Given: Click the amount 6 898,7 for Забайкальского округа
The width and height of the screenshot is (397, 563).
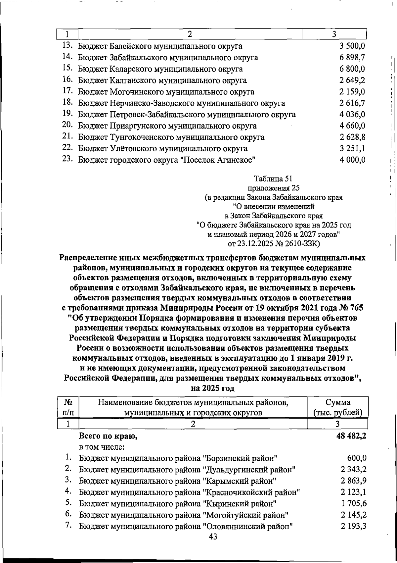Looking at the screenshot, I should (x=352, y=58).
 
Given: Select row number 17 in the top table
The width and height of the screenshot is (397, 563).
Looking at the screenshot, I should (x=67, y=91).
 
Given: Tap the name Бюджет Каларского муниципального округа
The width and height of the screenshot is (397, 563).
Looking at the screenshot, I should (x=160, y=69).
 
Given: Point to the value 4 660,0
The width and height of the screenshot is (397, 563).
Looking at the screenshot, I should (x=352, y=126).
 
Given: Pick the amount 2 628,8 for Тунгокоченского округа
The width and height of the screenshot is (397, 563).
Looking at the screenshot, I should (x=352, y=137).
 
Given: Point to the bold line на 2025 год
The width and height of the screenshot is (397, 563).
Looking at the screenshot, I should (x=213, y=388).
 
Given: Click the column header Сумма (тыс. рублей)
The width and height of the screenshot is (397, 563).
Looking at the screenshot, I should (x=338, y=407).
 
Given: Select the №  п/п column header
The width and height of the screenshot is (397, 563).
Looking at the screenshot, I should (x=68, y=407).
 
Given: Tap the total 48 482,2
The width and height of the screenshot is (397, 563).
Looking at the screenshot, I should (x=351, y=436).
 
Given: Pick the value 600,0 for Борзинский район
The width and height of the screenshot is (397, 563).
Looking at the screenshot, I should (x=357, y=459).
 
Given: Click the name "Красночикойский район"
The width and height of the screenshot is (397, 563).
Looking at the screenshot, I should (x=251, y=492).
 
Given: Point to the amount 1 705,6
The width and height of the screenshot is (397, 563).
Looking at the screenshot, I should (x=354, y=504).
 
